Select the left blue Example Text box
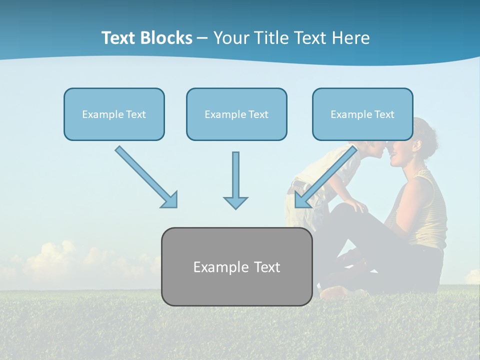[x=114, y=114]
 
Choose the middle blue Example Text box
[x=236, y=114]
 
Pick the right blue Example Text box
[x=362, y=114]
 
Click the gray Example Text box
[x=236, y=267]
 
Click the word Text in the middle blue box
[x=258, y=114]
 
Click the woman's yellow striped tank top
[x=430, y=210]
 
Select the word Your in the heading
[x=231, y=38]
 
